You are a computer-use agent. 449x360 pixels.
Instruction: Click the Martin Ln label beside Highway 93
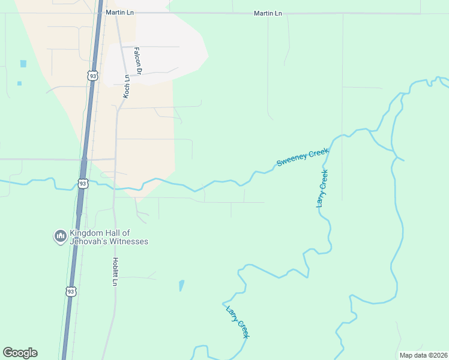[118, 13]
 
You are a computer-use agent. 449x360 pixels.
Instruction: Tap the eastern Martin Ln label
[267, 13]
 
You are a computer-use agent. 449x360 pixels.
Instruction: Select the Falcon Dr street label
[137, 61]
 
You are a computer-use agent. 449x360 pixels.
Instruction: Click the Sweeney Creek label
[303, 158]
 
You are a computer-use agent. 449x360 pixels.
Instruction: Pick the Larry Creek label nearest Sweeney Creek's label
[322, 189]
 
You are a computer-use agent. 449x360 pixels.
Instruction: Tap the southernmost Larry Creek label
[237, 322]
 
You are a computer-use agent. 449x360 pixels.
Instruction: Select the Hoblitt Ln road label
[114, 271]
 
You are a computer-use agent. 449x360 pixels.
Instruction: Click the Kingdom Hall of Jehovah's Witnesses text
[109, 237]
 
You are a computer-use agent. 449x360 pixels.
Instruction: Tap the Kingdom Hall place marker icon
[59, 236]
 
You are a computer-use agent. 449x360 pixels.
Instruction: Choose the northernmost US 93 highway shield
[92, 76]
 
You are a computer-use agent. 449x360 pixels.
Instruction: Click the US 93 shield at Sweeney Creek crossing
[83, 183]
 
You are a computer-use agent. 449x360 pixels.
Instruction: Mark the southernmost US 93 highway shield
[71, 292]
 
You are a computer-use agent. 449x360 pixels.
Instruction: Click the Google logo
[20, 353]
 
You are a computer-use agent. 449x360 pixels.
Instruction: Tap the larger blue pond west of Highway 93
[23, 64]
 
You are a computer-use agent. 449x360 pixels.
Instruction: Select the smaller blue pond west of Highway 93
[19, 83]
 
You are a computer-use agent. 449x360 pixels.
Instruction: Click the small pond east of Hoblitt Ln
[181, 286]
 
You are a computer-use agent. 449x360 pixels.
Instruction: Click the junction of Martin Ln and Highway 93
[97, 13]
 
